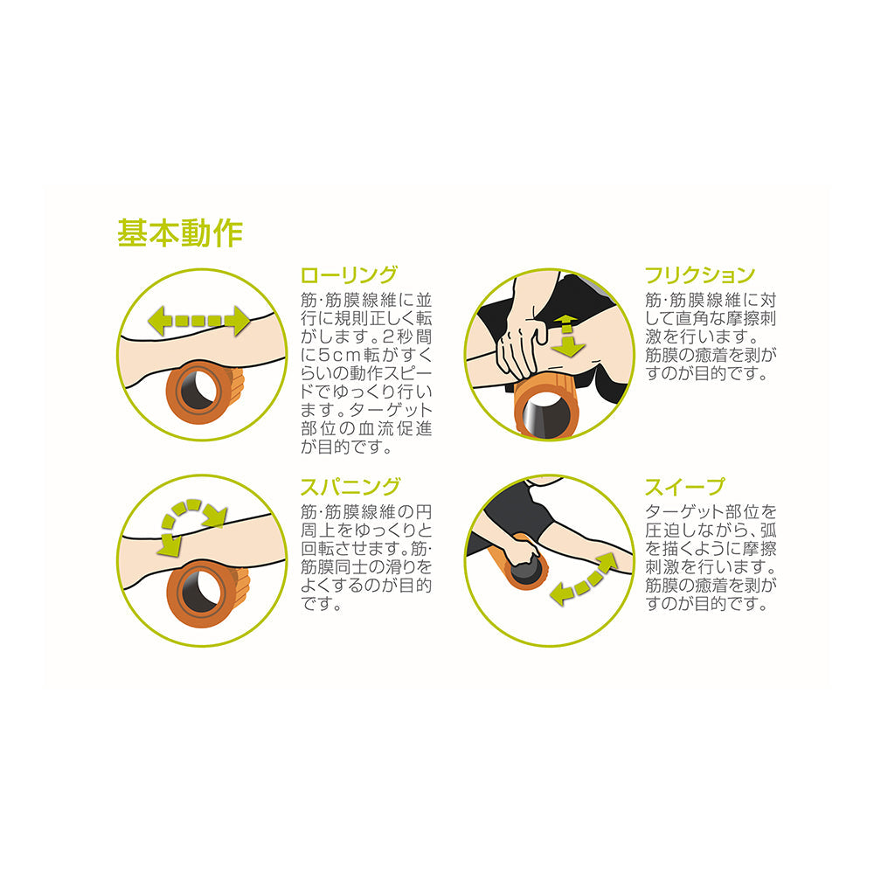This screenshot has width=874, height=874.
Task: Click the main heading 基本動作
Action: (180, 233)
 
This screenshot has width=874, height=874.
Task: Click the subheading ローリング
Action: (349, 275)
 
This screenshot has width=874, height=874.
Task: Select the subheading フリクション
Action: (699, 275)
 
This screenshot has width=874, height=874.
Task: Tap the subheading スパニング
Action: (350, 487)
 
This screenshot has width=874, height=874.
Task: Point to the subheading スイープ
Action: (684, 487)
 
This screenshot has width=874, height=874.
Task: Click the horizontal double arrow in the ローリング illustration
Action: (199, 321)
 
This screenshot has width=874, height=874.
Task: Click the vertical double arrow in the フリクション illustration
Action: (567, 335)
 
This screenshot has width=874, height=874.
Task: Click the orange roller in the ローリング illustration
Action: (204, 392)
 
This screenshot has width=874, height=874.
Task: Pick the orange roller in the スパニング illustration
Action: (204, 593)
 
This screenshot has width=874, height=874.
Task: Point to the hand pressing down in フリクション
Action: (521, 347)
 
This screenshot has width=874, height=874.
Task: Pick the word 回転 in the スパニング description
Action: (319, 549)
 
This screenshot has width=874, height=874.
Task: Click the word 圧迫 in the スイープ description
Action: (663, 531)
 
